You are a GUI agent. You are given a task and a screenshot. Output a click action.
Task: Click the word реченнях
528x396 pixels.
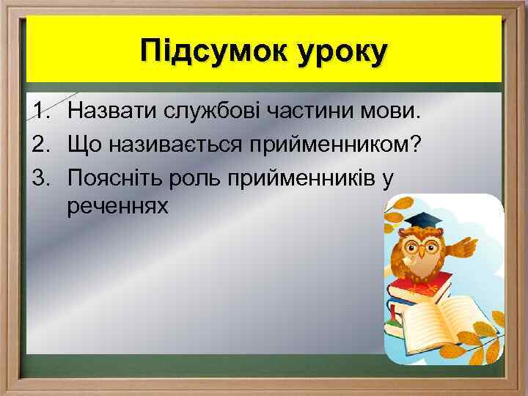click(x=117, y=207)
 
